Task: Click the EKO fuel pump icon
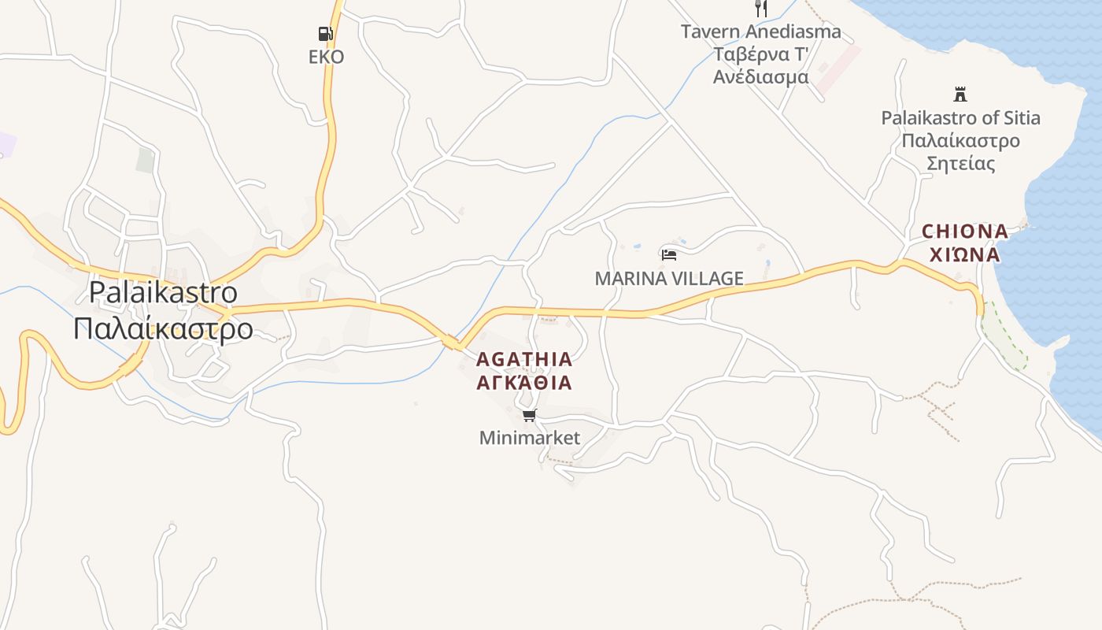pyautogui.click(x=325, y=33)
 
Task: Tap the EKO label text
pyautogui.click(x=326, y=57)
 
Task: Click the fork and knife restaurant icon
pyautogui.click(x=760, y=9)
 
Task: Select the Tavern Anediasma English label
pyautogui.click(x=760, y=32)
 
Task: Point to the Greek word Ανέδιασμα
pyautogui.click(x=760, y=77)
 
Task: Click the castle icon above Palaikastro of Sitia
pyautogui.click(x=960, y=94)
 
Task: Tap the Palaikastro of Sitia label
pyautogui.click(x=960, y=118)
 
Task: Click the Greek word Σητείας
pyautogui.click(x=960, y=164)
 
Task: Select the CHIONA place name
pyautogui.click(x=964, y=232)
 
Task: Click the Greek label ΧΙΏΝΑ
pyautogui.click(x=964, y=254)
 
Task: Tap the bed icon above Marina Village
pyautogui.click(x=669, y=254)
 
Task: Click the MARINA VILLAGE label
pyautogui.click(x=669, y=279)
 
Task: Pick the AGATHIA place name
pyautogui.click(x=524, y=360)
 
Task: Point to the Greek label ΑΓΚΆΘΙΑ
pyautogui.click(x=524, y=384)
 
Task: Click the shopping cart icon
pyautogui.click(x=529, y=415)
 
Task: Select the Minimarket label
pyautogui.click(x=530, y=438)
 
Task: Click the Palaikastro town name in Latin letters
pyautogui.click(x=163, y=292)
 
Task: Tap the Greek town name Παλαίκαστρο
pyautogui.click(x=163, y=328)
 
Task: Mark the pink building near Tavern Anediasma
pyautogui.click(x=838, y=69)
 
